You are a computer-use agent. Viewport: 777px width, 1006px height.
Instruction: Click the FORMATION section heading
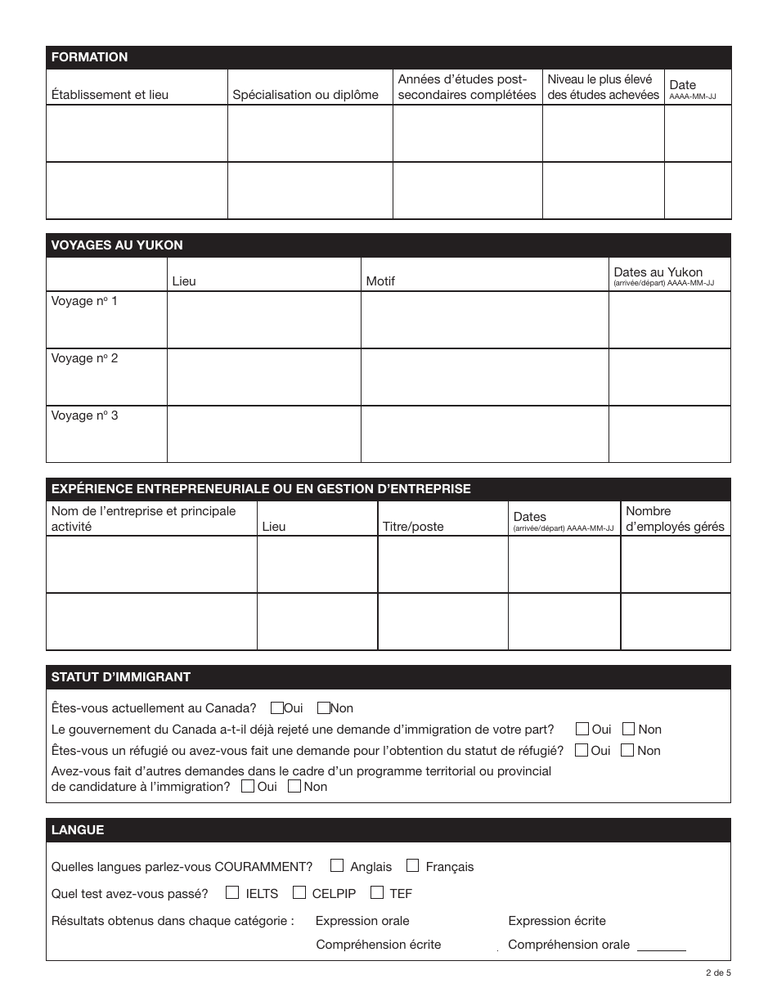click(90, 57)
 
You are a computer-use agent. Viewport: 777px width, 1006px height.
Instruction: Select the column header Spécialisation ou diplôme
click(305, 95)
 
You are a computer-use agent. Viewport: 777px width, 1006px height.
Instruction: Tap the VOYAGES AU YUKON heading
click(117, 245)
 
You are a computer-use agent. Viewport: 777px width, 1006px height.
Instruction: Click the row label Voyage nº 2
click(85, 358)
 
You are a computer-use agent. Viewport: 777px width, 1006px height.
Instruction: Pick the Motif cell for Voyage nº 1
click(484, 320)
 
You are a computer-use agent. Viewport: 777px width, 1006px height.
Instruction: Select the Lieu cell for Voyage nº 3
click(263, 434)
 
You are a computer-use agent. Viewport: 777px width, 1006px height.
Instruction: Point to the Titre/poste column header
click(413, 527)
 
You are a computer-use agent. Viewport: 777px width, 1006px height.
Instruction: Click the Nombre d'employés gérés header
click(675, 519)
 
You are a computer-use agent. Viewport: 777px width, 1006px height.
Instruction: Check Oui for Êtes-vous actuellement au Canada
click(277, 708)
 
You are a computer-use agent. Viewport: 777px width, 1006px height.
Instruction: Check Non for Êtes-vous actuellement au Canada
click(324, 708)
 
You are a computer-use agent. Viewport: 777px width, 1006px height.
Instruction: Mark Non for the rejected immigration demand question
click(629, 729)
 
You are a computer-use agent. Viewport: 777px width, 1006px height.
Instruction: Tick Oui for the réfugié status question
click(582, 750)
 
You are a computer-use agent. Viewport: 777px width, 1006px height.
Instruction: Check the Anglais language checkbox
click(337, 865)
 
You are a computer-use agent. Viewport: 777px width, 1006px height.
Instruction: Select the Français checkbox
click(413, 865)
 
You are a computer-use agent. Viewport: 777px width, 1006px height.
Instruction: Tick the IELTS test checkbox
click(233, 892)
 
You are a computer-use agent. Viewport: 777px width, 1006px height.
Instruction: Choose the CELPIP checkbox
click(299, 892)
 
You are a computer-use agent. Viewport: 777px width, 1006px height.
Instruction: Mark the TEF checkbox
click(377, 892)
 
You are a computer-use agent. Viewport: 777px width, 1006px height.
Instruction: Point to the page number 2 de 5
click(718, 973)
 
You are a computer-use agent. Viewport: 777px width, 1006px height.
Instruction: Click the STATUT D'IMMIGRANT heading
click(121, 677)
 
